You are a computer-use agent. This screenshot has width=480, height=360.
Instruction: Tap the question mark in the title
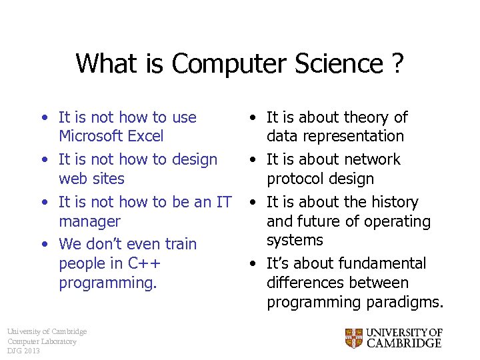click(x=397, y=64)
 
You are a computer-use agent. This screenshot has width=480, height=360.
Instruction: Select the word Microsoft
click(x=91, y=137)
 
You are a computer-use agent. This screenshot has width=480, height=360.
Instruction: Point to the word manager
click(x=89, y=221)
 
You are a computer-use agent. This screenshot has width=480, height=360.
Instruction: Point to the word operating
click(x=397, y=221)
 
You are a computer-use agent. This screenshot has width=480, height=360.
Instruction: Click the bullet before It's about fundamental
click(x=253, y=264)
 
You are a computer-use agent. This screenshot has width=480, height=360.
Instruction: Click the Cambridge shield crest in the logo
click(x=353, y=338)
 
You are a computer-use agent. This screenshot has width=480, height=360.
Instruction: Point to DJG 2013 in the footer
click(x=23, y=351)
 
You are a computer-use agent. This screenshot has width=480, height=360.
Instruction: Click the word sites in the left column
click(x=109, y=179)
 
